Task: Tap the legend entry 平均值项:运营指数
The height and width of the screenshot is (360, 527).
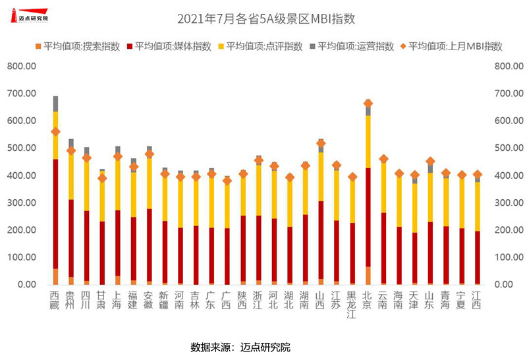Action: coord(354,47)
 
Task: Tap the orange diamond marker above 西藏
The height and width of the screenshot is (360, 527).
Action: coord(55,132)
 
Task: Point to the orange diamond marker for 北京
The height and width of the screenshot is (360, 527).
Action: coord(368,104)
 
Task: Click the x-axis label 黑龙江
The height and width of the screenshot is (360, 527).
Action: coord(352,304)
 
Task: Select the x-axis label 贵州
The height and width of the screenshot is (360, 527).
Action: coord(71,299)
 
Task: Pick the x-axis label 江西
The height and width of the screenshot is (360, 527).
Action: coord(477,299)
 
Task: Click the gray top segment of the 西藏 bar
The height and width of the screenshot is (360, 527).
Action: coord(55,104)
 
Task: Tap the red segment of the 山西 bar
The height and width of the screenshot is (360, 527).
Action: coord(321,241)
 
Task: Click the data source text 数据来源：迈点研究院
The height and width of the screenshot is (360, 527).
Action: coord(240,347)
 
